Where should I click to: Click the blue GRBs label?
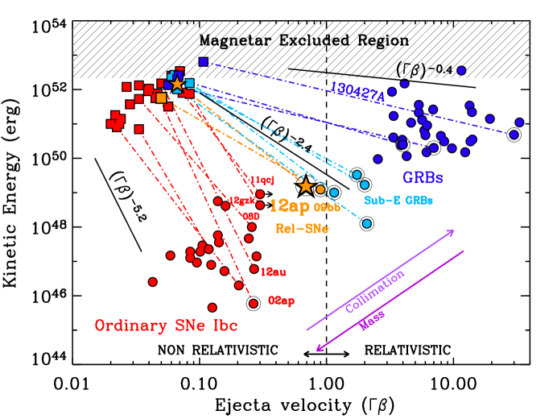(423, 177)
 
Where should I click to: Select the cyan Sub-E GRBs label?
(398, 201)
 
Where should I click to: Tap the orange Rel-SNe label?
(302, 229)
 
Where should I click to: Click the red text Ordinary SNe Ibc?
(166, 326)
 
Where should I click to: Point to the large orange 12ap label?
(289, 206)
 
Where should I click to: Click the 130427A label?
(357, 93)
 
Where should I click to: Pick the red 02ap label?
(281, 301)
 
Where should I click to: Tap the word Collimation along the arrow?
(375, 291)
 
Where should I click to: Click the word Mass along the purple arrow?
(373, 320)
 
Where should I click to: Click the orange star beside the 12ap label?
(306, 186)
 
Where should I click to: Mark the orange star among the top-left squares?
(177, 84)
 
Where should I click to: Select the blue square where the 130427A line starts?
(203, 61)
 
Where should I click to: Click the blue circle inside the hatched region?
(461, 70)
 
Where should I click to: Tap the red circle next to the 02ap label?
(254, 304)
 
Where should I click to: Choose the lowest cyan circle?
(367, 223)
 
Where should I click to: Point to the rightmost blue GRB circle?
(520, 122)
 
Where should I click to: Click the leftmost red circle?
(153, 282)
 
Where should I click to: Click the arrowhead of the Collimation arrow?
(452, 231)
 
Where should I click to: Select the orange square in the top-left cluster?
(161, 98)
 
